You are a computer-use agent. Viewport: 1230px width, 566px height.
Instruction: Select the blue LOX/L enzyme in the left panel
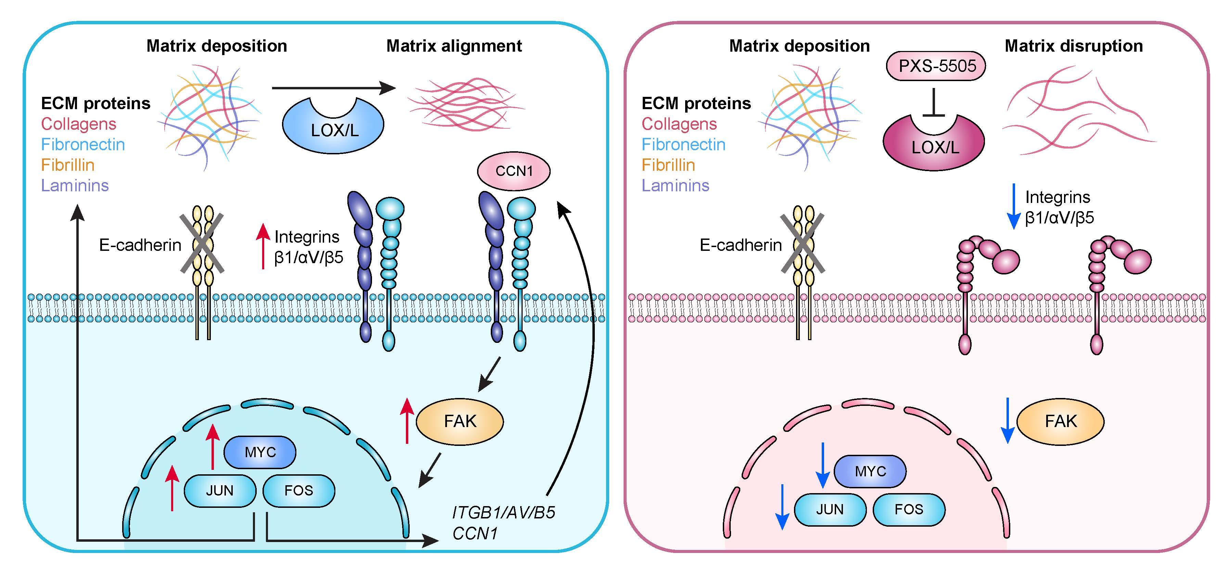[333, 127]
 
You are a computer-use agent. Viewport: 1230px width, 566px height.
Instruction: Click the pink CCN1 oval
[514, 171]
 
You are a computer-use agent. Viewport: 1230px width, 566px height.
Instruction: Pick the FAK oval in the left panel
[460, 421]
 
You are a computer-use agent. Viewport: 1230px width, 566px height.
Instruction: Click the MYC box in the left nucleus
[260, 452]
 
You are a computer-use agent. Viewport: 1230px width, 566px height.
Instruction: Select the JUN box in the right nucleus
[830, 509]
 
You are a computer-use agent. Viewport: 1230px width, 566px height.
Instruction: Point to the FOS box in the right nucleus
[909, 509]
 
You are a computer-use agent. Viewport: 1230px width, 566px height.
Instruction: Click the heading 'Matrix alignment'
[453, 46]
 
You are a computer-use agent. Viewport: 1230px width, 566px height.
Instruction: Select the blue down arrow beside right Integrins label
[1013, 207]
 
